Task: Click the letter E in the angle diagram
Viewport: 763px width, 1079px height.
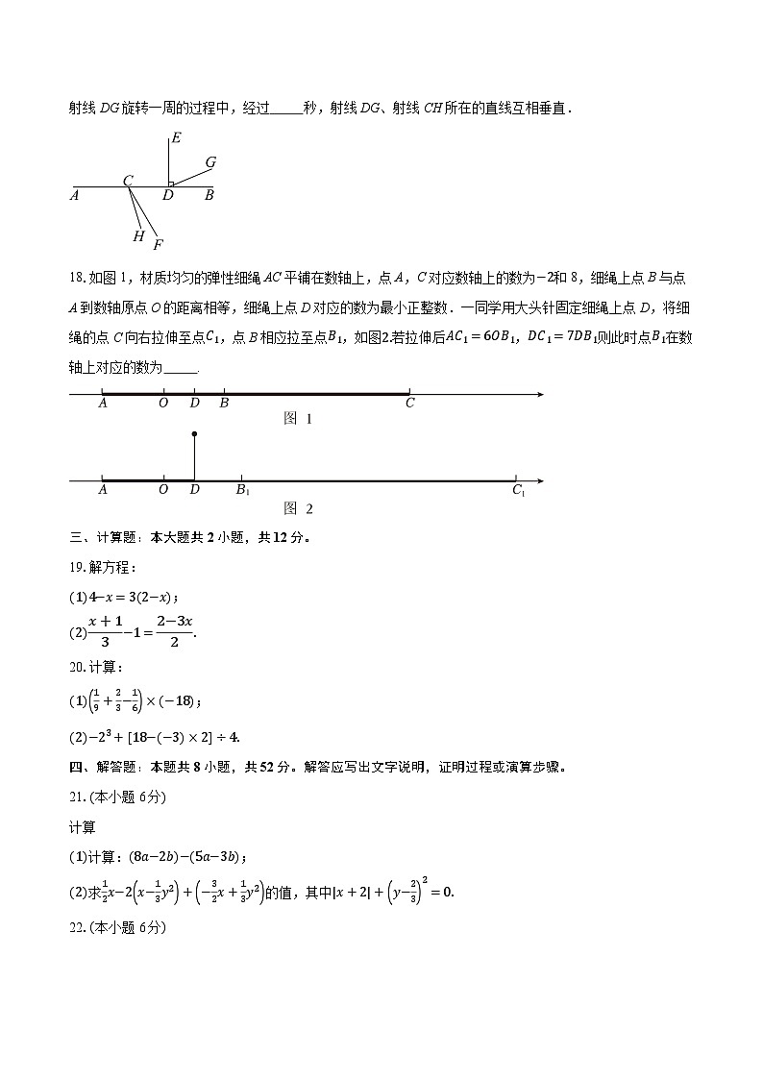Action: pos(174,138)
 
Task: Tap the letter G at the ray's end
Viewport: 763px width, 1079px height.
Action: pos(210,162)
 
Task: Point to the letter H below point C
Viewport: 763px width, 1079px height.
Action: pos(138,236)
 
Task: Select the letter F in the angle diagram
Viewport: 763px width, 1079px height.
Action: pos(158,244)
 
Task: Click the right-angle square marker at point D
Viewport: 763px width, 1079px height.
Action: pos(171,183)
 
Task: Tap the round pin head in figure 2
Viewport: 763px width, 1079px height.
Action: pos(195,434)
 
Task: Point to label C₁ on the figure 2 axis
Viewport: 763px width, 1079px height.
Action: pos(518,491)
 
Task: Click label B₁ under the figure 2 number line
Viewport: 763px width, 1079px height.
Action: pos(243,491)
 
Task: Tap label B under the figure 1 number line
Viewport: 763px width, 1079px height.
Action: pos(224,404)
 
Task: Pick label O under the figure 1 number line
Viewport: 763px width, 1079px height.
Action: pos(163,404)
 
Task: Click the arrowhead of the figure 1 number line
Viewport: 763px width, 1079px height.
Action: pos(540,394)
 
